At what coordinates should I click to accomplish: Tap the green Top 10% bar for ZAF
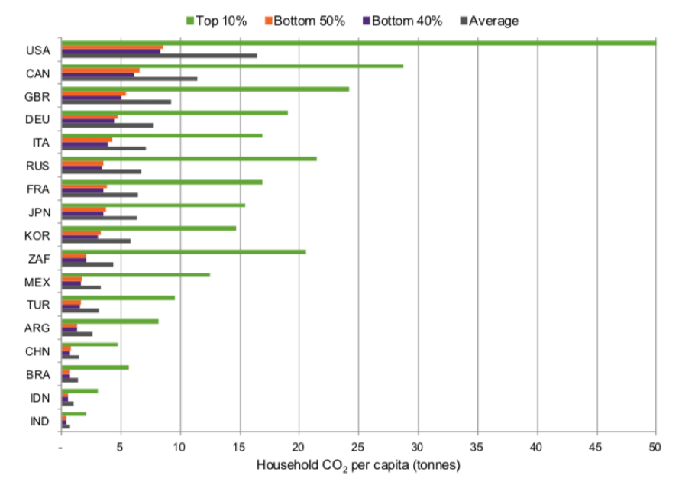183,251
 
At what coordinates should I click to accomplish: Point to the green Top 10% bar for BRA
95,367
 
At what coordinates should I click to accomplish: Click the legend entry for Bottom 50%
305,21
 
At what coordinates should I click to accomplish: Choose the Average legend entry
488,21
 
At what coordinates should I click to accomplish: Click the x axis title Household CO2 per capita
358,464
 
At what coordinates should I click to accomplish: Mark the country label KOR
37,235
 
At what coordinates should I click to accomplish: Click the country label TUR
37,305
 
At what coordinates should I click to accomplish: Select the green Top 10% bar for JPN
153,205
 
